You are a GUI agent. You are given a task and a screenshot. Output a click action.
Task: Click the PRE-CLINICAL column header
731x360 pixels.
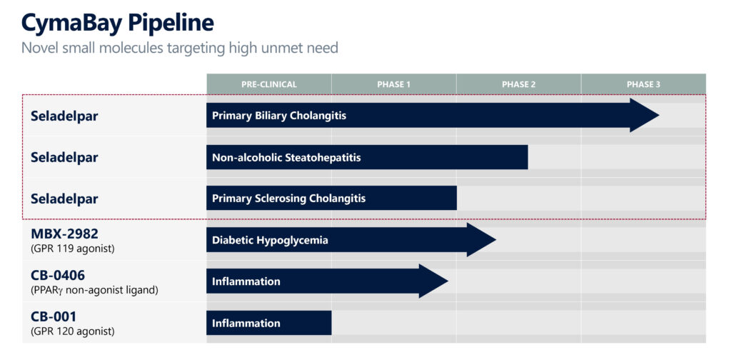tap(269, 84)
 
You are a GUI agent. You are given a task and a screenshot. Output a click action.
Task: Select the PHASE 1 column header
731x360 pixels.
tap(394, 84)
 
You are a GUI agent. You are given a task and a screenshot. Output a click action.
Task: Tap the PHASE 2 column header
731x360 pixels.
tap(518, 84)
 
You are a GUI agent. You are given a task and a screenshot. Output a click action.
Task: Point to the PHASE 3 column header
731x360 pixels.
tap(643, 84)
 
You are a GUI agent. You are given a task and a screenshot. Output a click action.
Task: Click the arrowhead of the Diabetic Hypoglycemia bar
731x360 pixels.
tap(481, 240)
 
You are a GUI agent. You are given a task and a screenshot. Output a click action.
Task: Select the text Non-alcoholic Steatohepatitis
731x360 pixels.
tap(286, 158)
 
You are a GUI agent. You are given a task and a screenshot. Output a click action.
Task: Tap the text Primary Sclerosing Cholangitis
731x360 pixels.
tap(288, 199)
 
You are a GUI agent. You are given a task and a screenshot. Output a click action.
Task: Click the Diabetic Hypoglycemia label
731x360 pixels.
tap(270, 241)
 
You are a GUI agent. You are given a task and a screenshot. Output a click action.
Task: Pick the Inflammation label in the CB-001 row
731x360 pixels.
tap(246, 323)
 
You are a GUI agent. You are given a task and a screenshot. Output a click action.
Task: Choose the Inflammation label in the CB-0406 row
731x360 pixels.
tap(246, 281)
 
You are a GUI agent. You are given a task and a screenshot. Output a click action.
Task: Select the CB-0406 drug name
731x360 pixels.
tap(58, 276)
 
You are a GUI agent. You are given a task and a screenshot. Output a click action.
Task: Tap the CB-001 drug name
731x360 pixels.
tap(53, 316)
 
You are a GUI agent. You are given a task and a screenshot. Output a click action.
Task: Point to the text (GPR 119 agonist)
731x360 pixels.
tap(72, 249)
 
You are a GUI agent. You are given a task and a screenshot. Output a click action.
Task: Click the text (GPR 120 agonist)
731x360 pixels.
tap(72, 331)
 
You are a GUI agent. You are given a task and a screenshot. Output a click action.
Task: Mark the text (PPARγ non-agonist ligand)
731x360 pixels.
tap(94, 290)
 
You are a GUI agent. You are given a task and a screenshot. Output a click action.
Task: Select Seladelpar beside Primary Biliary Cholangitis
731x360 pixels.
tap(64, 116)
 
